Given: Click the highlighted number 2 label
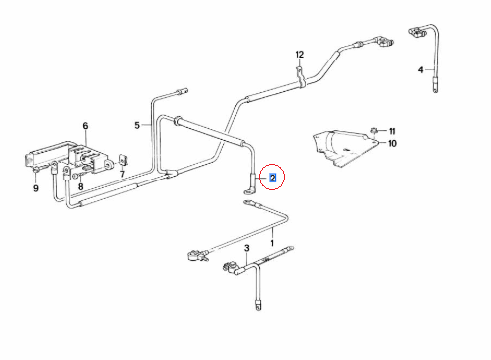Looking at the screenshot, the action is tap(272, 178).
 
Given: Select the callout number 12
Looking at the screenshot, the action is tap(300, 55).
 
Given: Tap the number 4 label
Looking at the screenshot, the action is tap(421, 70).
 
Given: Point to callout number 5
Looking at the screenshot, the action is tap(137, 125).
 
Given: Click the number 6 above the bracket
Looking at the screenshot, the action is tap(85, 126).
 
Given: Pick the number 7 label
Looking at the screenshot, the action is tap(122, 174).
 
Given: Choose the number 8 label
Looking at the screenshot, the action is tap(81, 187).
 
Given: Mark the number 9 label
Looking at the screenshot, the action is tap(36, 188).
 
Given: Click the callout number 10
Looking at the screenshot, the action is tap(392, 144).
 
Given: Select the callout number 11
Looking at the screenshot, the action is tap(392, 131).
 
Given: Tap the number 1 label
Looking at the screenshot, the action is tap(272, 243).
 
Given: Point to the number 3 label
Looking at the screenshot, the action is tap(247, 248).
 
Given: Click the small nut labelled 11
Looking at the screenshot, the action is tap(374, 130).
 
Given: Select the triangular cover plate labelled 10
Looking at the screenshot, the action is tap(344, 148).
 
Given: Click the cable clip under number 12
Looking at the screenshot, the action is tap(300, 77).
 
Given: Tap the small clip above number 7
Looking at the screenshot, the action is tap(123, 160).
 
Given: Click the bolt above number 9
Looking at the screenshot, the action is tap(36, 170).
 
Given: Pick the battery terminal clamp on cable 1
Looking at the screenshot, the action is tap(197, 256).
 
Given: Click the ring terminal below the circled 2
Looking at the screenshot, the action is tap(247, 191).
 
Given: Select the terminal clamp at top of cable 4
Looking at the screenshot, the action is tap(418, 32).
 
